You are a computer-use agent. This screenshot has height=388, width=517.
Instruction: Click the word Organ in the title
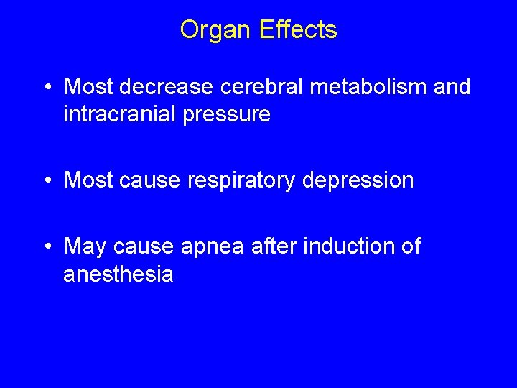(211, 30)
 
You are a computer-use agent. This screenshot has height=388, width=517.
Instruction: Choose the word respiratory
(241, 180)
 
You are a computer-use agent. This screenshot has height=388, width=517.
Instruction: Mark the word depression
(358, 180)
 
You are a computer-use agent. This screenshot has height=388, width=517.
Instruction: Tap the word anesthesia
(118, 274)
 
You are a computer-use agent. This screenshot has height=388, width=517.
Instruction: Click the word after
(276, 246)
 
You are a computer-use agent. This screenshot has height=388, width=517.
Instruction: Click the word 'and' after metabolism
(452, 87)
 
